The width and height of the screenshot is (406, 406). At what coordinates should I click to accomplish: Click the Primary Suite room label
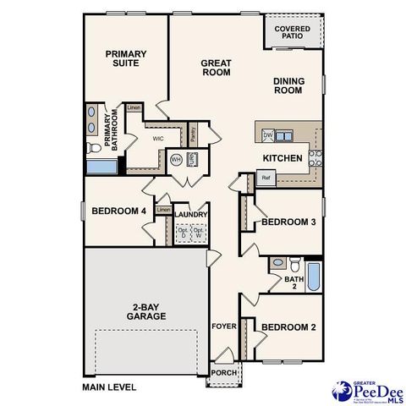pos(126,58)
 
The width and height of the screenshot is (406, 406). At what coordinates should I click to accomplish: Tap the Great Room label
pos(216,68)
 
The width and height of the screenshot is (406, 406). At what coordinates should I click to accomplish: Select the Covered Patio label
pos(292,32)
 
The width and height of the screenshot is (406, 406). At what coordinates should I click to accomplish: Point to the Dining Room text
pos(288,85)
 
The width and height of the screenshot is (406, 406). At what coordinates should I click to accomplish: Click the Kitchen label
pos(283,158)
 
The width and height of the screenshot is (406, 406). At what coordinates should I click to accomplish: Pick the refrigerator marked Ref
pos(266,178)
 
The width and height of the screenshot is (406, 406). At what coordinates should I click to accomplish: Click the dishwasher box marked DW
pos(267,135)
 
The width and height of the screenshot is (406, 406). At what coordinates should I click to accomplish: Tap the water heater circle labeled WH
pos(177,159)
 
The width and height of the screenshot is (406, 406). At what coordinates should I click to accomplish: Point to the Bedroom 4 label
pos(118,211)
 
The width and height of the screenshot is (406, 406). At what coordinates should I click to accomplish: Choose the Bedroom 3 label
pos(288,222)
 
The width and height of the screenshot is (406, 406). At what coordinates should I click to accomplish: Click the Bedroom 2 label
pos(288,327)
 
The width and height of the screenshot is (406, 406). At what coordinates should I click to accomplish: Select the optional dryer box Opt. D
pos(182,233)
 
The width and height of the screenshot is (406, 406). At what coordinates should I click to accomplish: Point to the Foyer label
pos(223,324)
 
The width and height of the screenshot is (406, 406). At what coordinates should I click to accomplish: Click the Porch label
pos(223,373)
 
